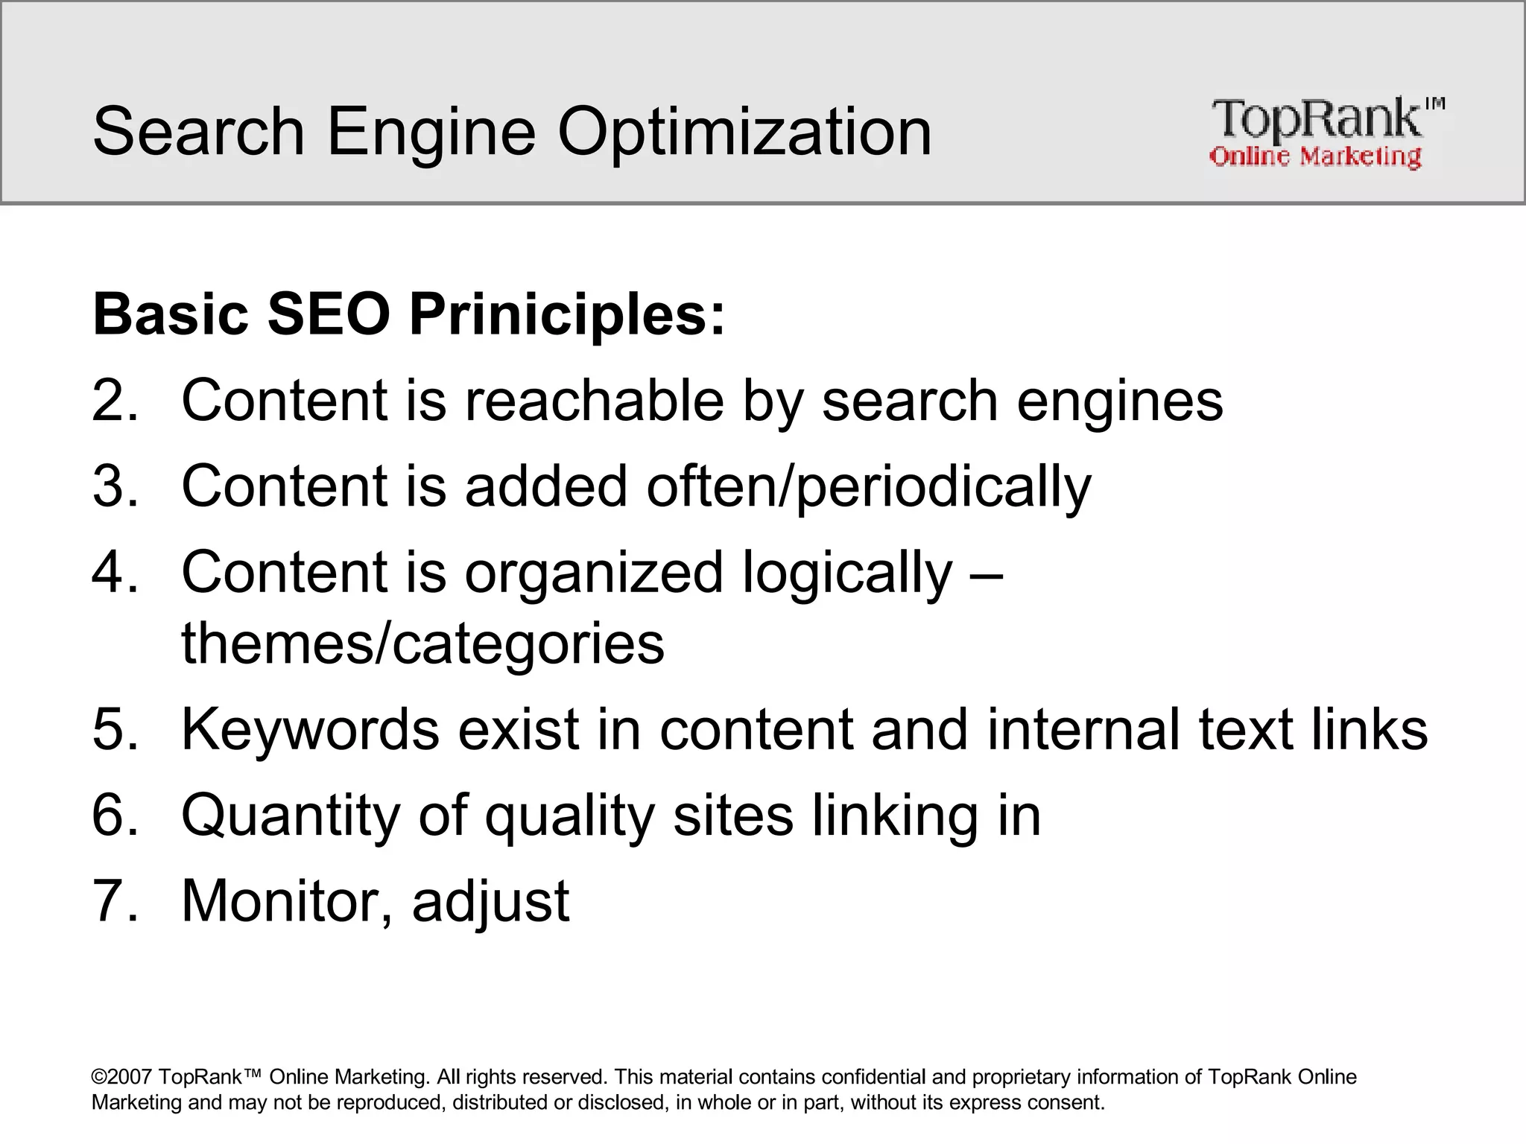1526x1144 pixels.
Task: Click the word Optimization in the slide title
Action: click(x=744, y=132)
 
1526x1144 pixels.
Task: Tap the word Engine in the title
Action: click(x=431, y=132)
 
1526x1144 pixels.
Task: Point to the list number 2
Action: click(x=114, y=401)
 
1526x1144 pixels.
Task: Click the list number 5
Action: click(x=114, y=729)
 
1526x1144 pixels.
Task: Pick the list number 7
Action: click(x=114, y=901)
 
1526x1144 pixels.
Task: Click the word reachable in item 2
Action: click(x=594, y=401)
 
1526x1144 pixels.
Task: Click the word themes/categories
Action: click(x=422, y=643)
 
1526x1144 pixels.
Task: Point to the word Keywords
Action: click(x=310, y=729)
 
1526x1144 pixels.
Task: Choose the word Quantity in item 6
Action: click(x=291, y=816)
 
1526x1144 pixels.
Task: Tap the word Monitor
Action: click(x=286, y=901)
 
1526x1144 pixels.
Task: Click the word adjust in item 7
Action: click(x=490, y=901)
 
